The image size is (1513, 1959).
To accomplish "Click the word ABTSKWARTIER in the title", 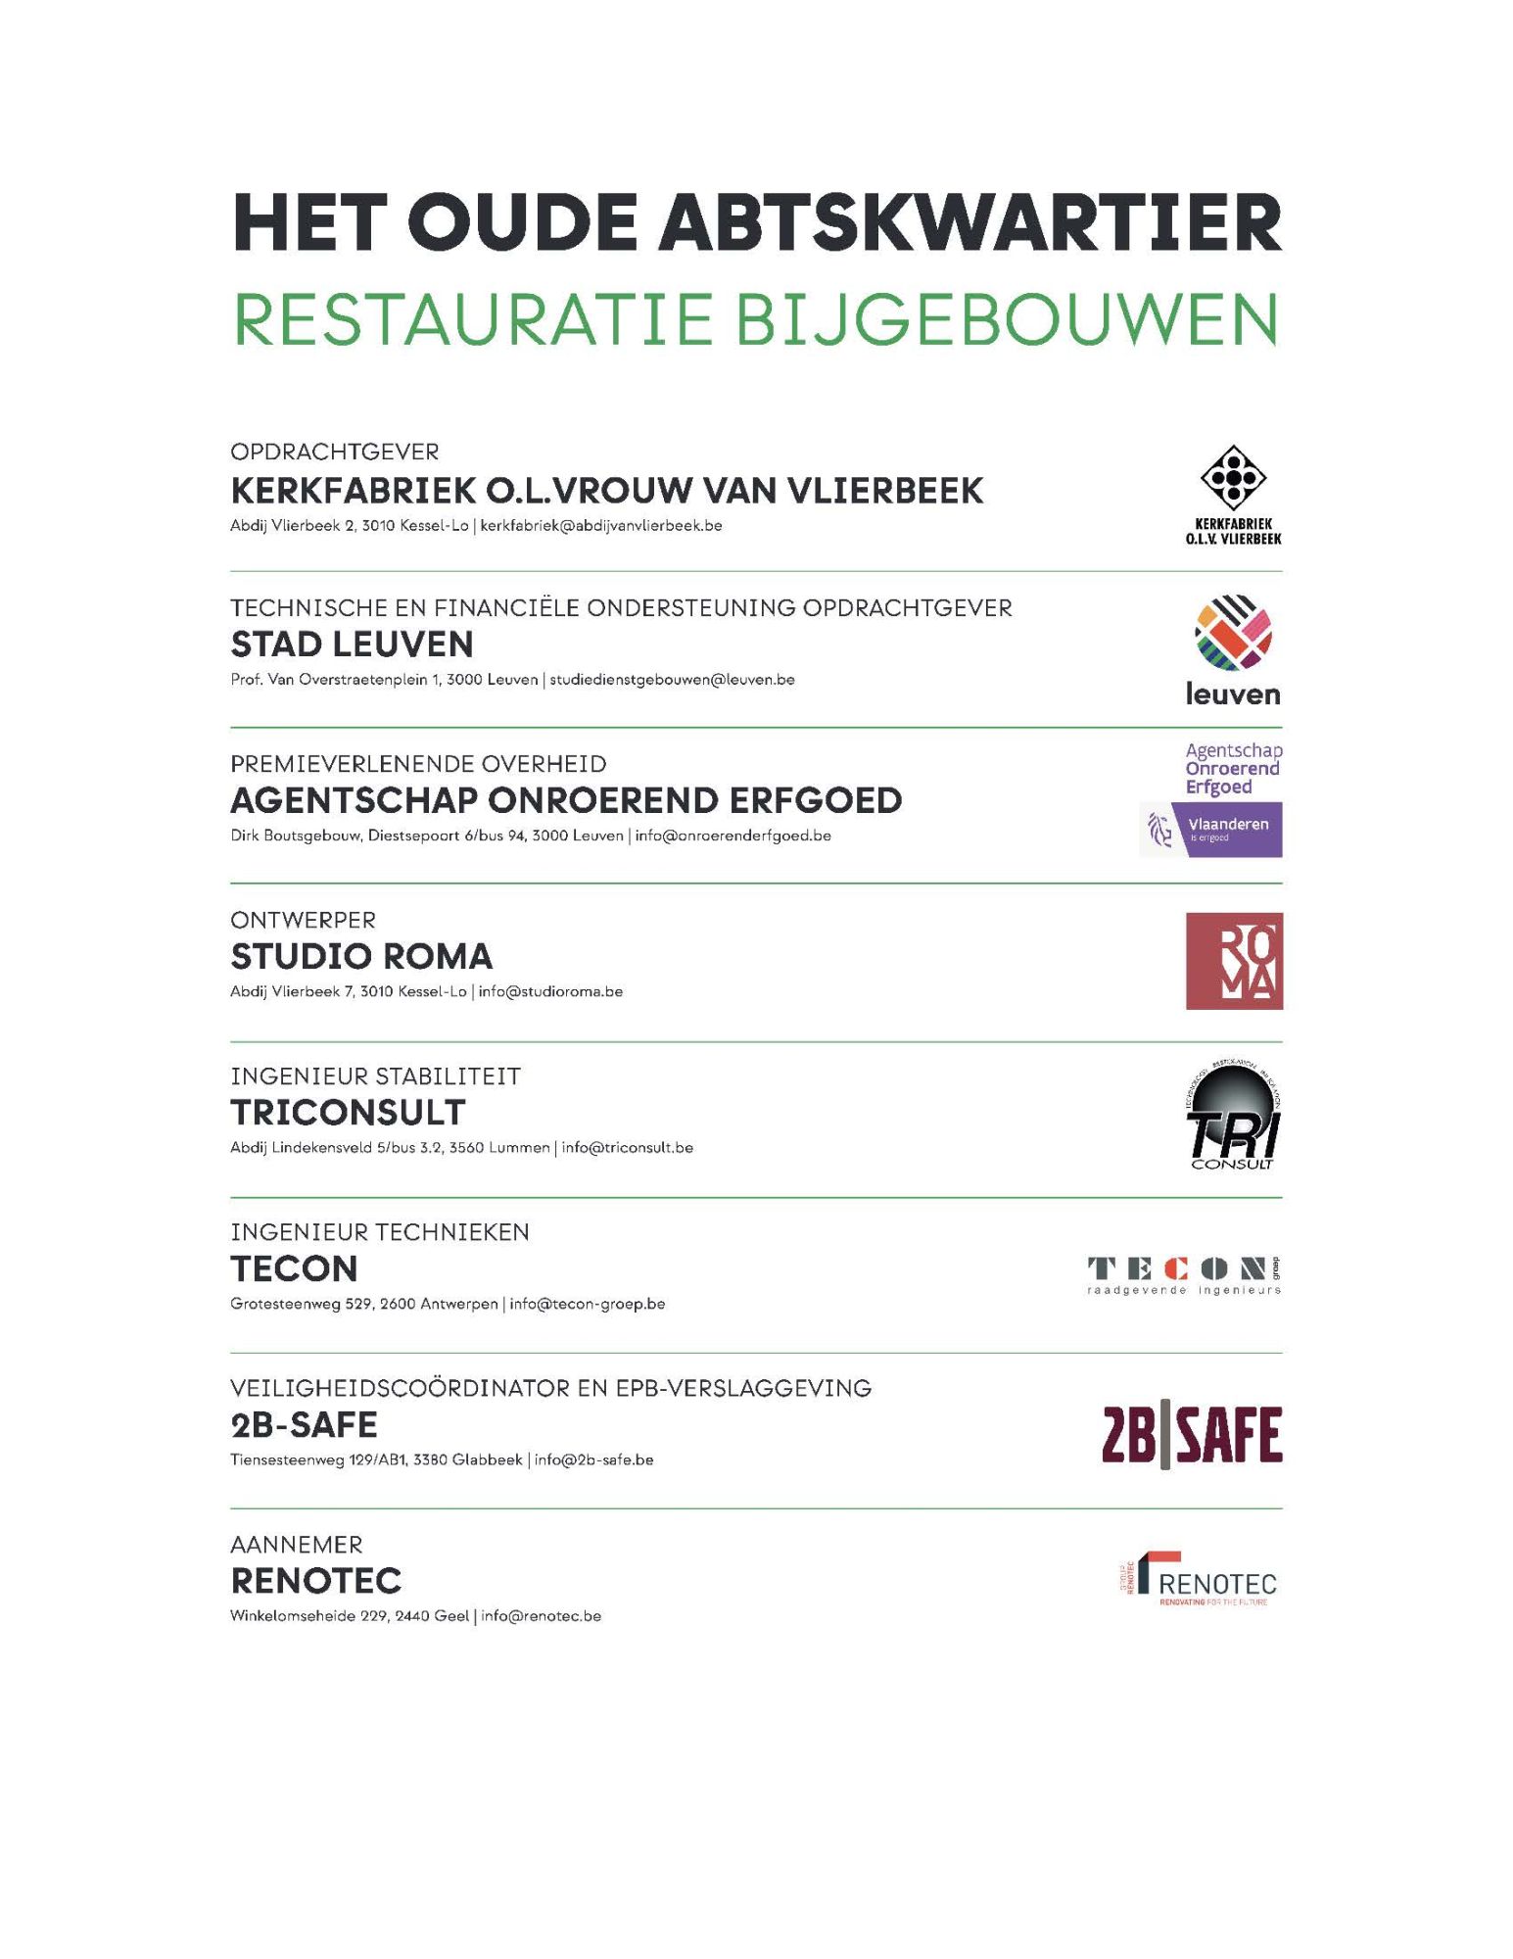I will [969, 223].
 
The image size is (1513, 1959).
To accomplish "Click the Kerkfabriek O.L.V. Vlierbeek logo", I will [1233, 495].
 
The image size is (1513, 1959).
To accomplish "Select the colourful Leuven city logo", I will [1233, 649].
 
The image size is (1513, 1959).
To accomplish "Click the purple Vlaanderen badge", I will [1211, 830].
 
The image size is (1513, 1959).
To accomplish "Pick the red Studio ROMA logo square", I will [1234, 961].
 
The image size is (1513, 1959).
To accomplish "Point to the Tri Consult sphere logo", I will [1233, 1117].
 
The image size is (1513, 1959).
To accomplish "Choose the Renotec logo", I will [1200, 1580].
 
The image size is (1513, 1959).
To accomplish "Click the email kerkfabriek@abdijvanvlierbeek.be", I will [601, 526].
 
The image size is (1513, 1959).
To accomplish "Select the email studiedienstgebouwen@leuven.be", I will [672, 680].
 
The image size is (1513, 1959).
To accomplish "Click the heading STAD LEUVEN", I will [353, 645].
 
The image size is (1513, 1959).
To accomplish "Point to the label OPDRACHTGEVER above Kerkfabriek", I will [335, 452].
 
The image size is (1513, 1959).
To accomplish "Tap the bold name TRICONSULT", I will [349, 1113].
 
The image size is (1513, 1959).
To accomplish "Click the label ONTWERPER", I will [304, 920].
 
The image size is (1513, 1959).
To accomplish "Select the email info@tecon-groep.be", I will [588, 1304].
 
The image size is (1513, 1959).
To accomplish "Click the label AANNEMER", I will [297, 1545].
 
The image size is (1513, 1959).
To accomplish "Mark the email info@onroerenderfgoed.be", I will [733, 836].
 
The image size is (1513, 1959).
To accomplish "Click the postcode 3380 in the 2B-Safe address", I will [431, 1459].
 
